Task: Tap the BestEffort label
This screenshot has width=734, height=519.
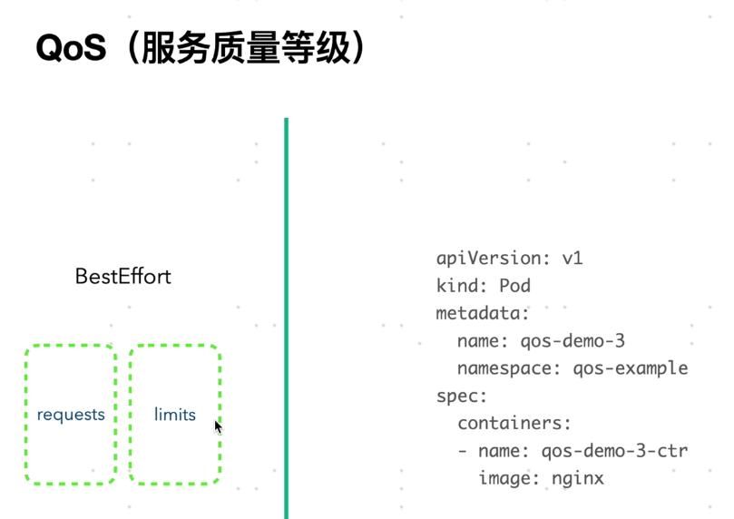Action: pyautogui.click(x=122, y=277)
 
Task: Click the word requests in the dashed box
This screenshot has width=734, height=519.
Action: pyautogui.click(x=71, y=415)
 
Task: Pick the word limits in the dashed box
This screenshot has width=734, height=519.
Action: pyautogui.click(x=175, y=415)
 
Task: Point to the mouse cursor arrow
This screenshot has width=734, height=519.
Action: pyautogui.click(x=218, y=426)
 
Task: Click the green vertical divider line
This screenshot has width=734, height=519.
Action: pyautogui.click(x=286, y=318)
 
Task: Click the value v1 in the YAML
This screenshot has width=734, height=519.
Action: pyautogui.click(x=572, y=259)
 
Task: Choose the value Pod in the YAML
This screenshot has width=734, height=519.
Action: pyautogui.click(x=514, y=286)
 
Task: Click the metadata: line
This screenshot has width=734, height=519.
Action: pyautogui.click(x=482, y=313)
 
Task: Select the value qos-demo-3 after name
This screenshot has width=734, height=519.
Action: pyautogui.click(x=572, y=341)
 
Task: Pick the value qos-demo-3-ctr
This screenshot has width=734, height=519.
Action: pyautogui.click(x=614, y=451)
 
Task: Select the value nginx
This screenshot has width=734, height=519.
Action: pyautogui.click(x=577, y=478)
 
